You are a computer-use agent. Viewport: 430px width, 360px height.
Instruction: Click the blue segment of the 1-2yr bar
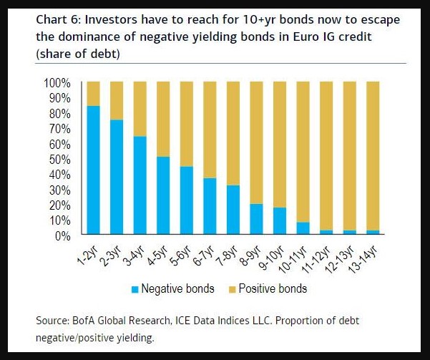pos(93,170)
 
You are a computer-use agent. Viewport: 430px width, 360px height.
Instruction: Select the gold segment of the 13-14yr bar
pos(373,155)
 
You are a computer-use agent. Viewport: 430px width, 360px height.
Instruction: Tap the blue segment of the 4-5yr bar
pos(163,195)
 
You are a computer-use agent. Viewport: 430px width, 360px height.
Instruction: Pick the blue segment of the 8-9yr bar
pos(256,219)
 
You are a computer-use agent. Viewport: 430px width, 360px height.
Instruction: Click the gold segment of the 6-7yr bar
pos(210,130)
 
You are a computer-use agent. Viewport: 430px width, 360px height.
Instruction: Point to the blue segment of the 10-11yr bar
pos(303,228)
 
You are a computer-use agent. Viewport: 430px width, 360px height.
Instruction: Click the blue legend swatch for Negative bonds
pos(135,289)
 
